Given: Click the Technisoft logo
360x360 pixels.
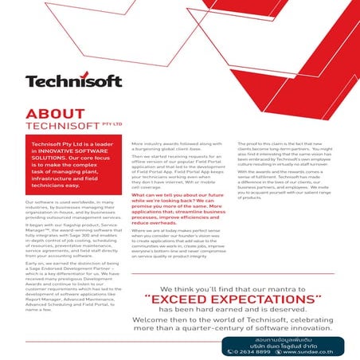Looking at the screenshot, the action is point(72,80).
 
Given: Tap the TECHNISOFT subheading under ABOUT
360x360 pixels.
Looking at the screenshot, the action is point(57,125).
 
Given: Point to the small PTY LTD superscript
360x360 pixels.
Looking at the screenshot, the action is point(112,123).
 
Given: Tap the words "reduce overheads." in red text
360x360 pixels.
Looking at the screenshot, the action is point(154,225).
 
